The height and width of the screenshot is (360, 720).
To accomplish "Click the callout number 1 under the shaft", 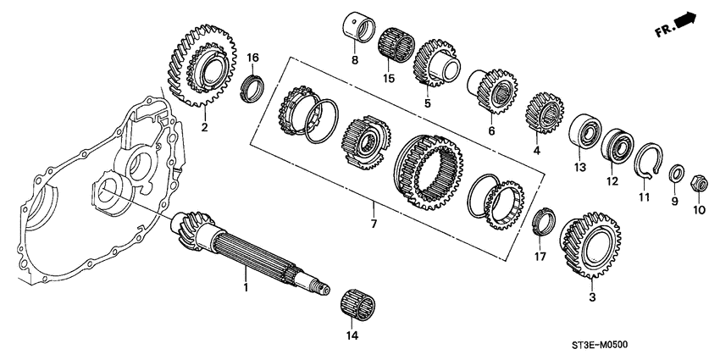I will (246, 289).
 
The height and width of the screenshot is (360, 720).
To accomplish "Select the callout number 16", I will (252, 57).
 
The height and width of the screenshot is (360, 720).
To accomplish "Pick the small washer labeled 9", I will (677, 175).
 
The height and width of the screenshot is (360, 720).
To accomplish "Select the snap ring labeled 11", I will (647, 161).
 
